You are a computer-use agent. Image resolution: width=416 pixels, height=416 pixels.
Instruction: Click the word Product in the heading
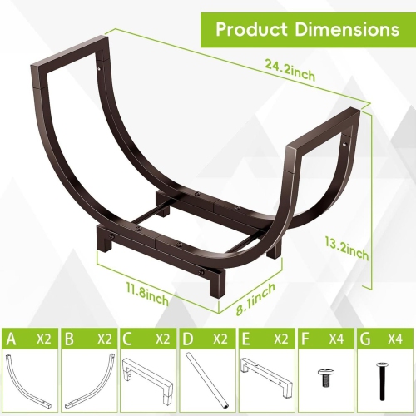point(254,29)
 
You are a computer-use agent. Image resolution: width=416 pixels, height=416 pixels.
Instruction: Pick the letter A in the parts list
point(11,339)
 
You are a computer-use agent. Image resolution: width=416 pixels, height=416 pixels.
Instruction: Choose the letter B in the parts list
point(69,339)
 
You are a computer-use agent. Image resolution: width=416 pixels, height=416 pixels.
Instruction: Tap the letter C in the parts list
point(127,339)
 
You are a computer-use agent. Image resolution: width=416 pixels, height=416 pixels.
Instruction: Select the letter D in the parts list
point(187,339)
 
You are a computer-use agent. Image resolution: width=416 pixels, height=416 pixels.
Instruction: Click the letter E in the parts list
point(245,339)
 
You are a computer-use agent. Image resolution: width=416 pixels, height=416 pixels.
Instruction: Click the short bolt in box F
point(323,376)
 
